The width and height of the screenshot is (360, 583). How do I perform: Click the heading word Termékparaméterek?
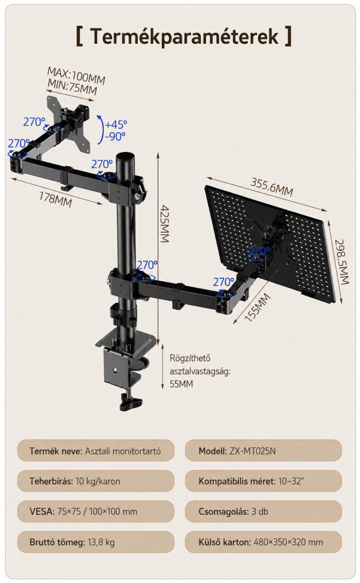click(184, 36)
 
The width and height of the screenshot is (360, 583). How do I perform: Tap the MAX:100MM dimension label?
click(76, 76)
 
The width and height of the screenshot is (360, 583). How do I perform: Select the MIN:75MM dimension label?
click(72, 87)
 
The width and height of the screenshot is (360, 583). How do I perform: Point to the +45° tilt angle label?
click(116, 124)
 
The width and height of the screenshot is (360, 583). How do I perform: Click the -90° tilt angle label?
click(115, 137)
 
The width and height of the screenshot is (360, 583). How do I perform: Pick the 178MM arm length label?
click(55, 199)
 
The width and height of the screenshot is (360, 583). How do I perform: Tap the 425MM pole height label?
click(165, 224)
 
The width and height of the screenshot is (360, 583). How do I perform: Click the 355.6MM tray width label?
click(272, 187)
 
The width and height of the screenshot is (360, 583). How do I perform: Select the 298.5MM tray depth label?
click(341, 261)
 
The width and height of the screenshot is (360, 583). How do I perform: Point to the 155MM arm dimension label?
click(257, 307)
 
